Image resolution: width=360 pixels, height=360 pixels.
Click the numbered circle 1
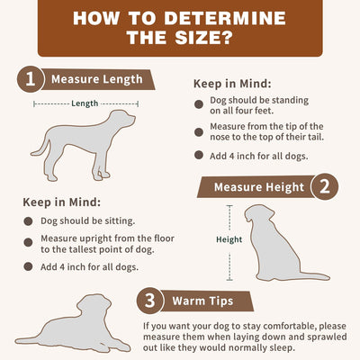(x=31, y=79)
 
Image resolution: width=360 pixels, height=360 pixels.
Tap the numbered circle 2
(x=325, y=186)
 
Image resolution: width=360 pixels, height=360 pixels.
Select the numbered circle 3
(x=150, y=301)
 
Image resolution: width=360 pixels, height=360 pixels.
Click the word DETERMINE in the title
(x=225, y=18)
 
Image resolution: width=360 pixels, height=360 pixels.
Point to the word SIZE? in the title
(x=204, y=37)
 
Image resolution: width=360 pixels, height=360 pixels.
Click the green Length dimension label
(x=85, y=103)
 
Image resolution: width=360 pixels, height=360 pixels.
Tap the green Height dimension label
(x=229, y=239)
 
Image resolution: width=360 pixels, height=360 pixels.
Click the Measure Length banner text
(x=97, y=79)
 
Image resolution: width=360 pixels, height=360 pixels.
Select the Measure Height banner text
(x=259, y=187)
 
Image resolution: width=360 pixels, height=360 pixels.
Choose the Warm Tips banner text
(x=202, y=301)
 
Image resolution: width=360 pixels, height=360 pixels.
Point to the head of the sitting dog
(x=258, y=213)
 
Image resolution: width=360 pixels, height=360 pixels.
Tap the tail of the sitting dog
(x=313, y=275)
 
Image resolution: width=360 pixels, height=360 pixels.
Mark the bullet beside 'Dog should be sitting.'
(x=28, y=221)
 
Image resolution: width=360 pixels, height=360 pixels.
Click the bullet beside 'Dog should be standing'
(x=199, y=104)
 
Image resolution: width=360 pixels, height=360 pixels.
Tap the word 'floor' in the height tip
(x=164, y=238)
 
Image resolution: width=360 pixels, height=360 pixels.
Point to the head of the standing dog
(x=122, y=119)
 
